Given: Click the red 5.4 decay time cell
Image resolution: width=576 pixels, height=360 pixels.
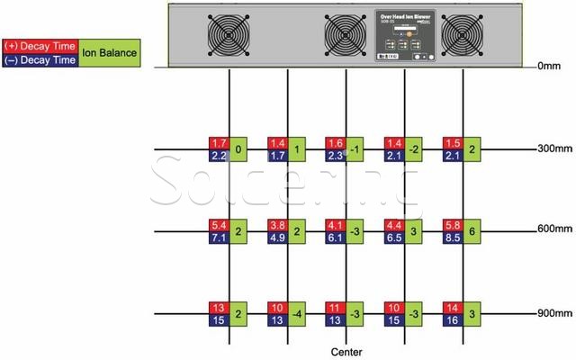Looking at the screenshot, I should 218,223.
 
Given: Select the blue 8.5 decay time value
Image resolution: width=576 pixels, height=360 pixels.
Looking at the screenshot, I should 452,238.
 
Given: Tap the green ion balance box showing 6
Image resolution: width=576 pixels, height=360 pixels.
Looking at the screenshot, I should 472,230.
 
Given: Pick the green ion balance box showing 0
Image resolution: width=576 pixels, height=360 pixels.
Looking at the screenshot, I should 238,149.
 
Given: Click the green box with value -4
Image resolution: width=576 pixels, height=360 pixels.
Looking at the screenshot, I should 297,314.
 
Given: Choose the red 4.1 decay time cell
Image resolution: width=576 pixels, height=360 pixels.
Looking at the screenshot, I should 335,223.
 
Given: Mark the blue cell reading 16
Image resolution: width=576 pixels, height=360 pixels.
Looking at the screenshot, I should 452,320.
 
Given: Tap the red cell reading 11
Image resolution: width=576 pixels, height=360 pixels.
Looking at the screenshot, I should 335,306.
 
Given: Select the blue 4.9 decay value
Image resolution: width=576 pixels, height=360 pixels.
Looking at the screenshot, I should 276,238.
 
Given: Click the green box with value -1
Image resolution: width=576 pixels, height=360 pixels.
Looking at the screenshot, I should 355,149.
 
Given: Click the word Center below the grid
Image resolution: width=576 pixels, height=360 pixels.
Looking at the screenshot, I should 346,351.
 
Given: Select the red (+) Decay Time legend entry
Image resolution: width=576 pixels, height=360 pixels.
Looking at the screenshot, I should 40,45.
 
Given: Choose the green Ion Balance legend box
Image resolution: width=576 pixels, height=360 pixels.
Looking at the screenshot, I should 110,53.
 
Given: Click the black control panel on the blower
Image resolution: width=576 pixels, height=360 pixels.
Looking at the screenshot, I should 404,34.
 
